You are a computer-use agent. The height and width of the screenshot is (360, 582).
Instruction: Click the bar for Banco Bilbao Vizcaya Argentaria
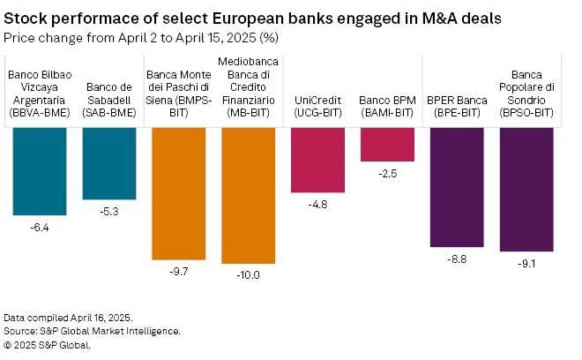pos(40,170)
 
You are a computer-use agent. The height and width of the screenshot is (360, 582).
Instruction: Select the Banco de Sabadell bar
pos(109,162)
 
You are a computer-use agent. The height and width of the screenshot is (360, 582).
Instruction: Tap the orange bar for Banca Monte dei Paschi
pos(179,192)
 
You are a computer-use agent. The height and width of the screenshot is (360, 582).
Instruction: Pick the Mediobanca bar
pos(248,195)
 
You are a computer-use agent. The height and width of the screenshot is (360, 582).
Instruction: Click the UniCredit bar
pos(317,159)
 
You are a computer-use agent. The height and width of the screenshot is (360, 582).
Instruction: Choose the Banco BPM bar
pos(387,143)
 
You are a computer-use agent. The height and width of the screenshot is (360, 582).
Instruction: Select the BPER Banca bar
pos(457,186)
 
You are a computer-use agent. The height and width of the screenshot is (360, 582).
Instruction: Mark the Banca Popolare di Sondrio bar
pos(526,189)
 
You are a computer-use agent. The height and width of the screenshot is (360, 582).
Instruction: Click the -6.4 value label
pos(40,228)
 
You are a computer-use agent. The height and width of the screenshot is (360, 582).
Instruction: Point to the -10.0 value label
pos(248,275)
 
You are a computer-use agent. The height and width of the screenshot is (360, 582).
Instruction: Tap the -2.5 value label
pos(387,173)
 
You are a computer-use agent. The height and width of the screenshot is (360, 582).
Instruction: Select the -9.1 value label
pos(526,264)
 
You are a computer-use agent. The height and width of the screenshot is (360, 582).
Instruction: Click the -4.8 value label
pos(317,205)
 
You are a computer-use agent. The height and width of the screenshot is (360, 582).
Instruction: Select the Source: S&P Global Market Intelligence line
pos(92,330)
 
